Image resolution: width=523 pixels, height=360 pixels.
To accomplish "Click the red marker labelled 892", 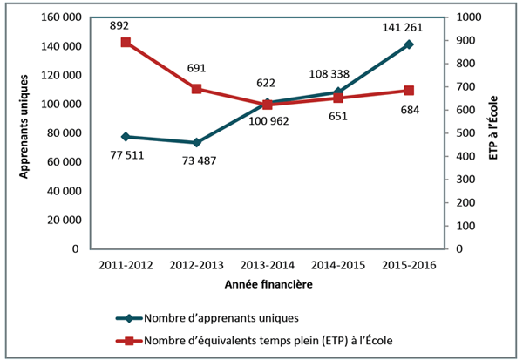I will pyautogui.click(x=126, y=42).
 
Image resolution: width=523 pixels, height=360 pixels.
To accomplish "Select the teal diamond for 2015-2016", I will pyautogui.click(x=409, y=44).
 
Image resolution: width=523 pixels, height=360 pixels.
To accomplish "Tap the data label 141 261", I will pyautogui.click(x=408, y=26).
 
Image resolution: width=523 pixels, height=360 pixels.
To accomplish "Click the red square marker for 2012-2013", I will pyautogui.click(x=196, y=89).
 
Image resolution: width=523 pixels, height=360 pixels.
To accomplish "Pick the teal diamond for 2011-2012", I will pyautogui.click(x=126, y=137).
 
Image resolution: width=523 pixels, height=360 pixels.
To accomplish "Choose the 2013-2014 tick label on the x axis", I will pyautogui.click(x=267, y=263).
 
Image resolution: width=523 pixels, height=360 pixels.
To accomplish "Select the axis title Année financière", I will pyautogui.click(x=267, y=285).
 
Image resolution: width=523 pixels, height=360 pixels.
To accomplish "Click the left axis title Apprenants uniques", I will pyautogui.click(x=25, y=133).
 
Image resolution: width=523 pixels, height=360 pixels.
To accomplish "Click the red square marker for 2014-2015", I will pyautogui.click(x=338, y=98).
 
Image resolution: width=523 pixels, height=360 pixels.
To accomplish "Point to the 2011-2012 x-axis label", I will pyautogui.click(x=126, y=263).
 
